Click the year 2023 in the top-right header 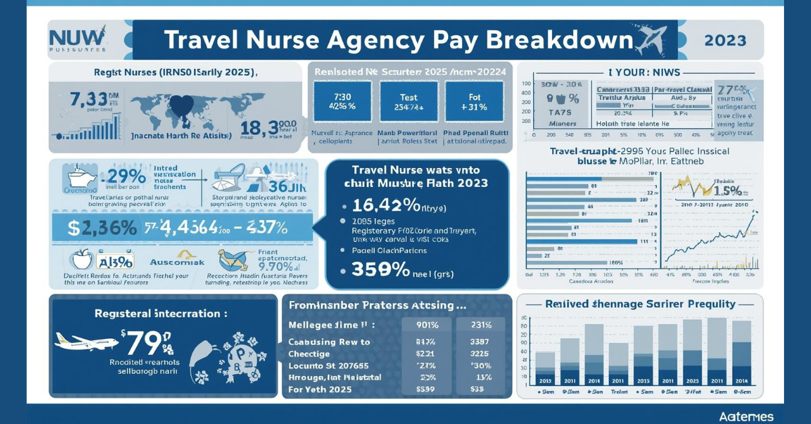(x=725, y=41)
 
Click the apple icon (x=82, y=259)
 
